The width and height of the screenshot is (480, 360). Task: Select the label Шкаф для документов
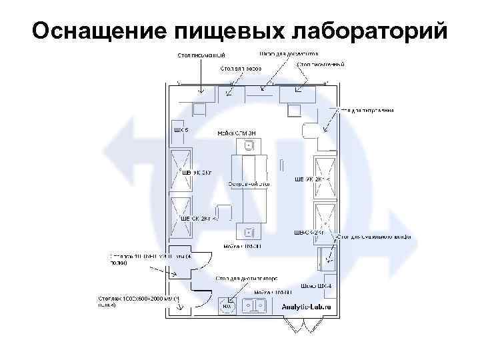click(x=288, y=53)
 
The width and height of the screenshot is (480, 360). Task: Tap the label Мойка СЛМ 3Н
click(x=237, y=133)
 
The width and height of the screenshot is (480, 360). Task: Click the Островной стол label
click(x=248, y=183)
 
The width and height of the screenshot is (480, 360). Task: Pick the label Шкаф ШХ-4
click(x=316, y=286)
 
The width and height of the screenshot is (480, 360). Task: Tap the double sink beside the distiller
click(x=255, y=305)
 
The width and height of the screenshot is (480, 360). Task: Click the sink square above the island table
click(x=249, y=145)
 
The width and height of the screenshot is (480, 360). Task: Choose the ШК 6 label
click(x=181, y=129)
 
